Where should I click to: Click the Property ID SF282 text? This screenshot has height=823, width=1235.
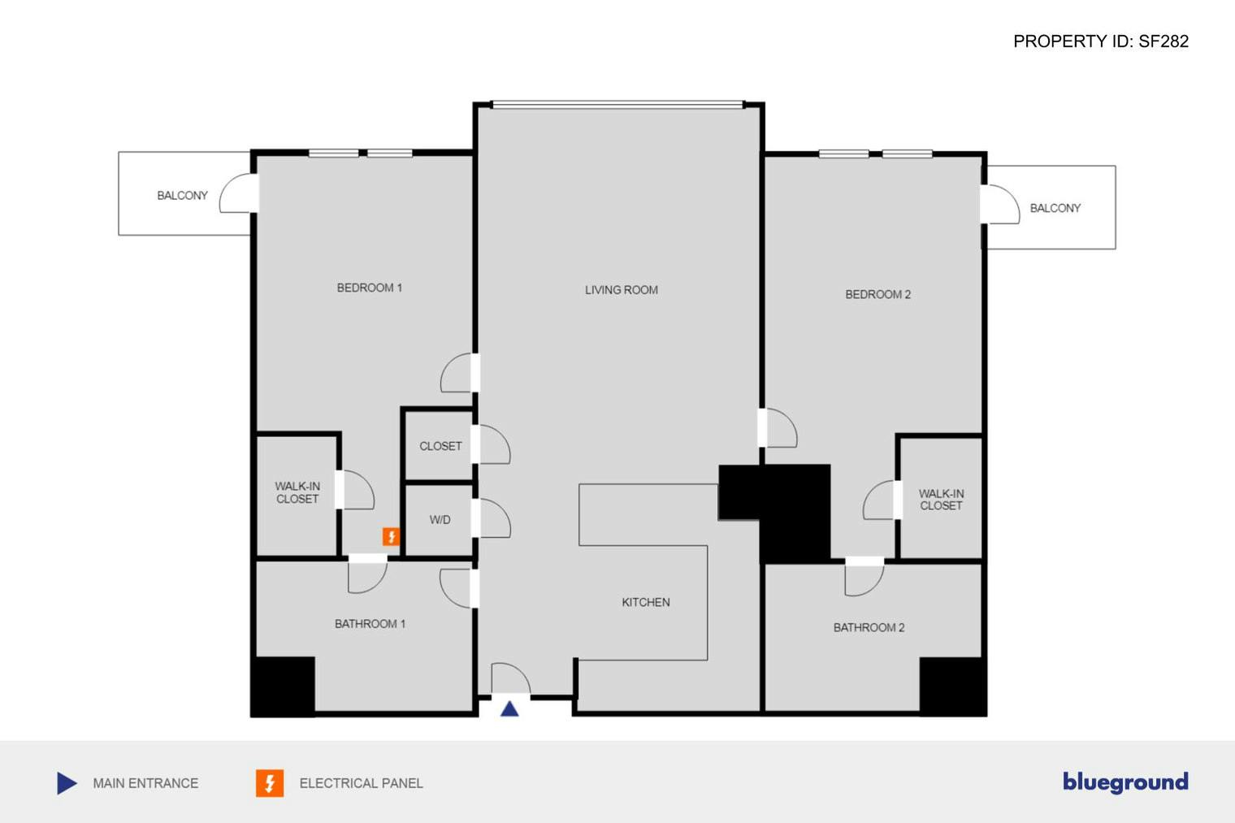coord(1100,41)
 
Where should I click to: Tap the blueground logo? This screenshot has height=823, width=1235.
coord(1125,782)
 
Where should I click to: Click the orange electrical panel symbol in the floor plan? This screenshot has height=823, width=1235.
coord(391,536)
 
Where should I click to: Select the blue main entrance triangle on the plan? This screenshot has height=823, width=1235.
coord(509,708)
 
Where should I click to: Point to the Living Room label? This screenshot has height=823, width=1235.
coord(621,290)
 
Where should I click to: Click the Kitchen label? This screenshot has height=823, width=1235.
coord(645,602)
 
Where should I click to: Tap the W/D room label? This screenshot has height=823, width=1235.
coord(440,520)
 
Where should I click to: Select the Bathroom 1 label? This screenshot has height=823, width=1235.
coord(370,624)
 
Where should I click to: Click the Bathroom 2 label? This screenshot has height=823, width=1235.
coord(869,627)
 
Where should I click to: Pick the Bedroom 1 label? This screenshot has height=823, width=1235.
coord(369,288)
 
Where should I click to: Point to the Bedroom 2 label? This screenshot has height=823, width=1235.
coord(877,294)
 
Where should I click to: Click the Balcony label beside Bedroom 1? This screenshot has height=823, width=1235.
coord(182,196)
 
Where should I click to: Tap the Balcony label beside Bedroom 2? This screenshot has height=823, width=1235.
coord(1055,208)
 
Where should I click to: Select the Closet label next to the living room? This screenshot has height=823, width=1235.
coord(440,446)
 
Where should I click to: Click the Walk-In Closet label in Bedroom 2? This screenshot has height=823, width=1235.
coord(941,499)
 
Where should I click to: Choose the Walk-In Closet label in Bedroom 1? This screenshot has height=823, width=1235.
coord(297,492)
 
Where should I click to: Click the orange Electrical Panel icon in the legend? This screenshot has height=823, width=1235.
coord(270,783)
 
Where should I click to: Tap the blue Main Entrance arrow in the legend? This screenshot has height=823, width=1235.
coord(67,783)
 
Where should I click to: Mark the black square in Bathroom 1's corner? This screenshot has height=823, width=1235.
coord(283,685)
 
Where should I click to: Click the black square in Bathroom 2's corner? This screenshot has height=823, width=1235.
coord(952,685)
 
